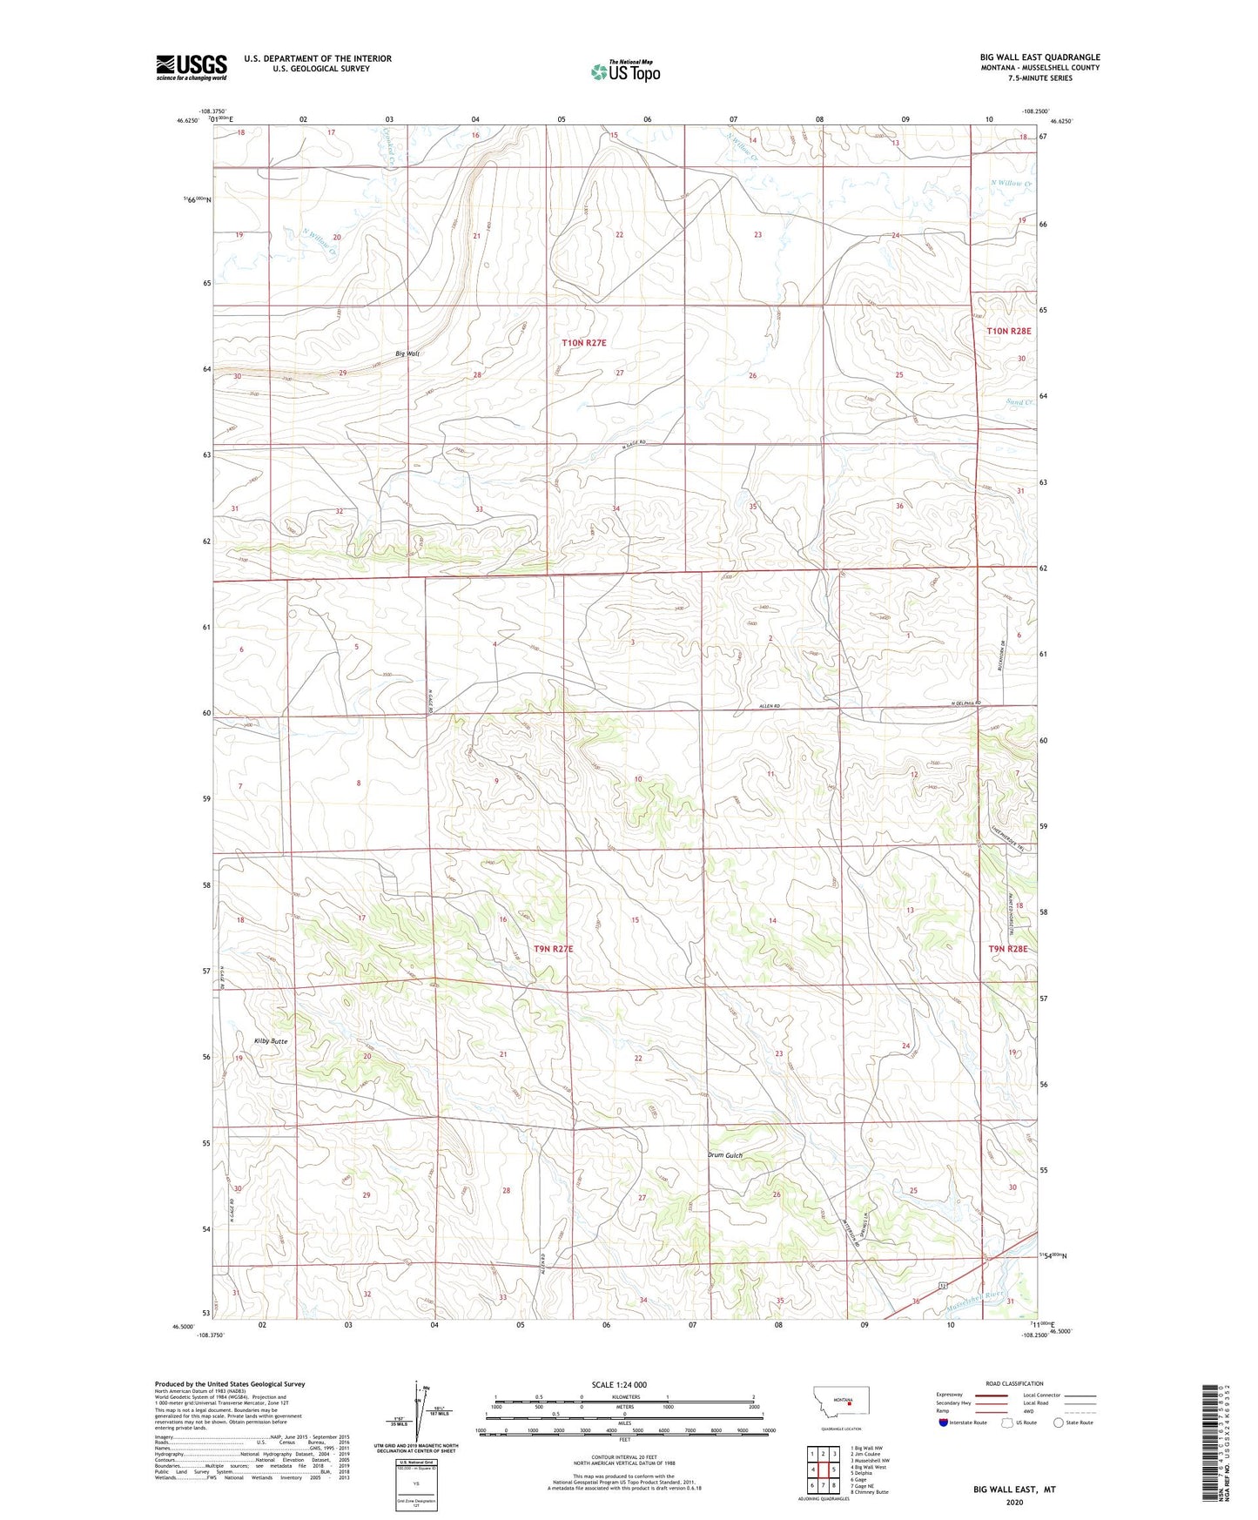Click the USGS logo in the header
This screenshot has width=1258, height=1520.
[x=191, y=67]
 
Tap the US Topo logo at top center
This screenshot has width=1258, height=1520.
[x=625, y=71]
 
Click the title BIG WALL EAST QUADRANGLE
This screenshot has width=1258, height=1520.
[x=1039, y=57]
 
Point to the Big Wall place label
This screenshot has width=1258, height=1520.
[x=407, y=353]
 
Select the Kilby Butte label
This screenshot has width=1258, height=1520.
[x=270, y=1041]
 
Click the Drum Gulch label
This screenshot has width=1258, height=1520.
[x=724, y=1155]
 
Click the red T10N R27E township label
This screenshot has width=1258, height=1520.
[x=583, y=343]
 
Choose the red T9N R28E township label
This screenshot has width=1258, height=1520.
[x=1008, y=949]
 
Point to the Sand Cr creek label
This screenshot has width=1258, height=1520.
[x=1019, y=402]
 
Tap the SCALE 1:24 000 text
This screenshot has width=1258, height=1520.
[x=619, y=1384]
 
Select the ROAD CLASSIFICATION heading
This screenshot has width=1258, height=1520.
[x=1014, y=1383]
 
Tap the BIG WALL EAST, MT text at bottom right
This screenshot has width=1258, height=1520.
[x=1013, y=1490]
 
